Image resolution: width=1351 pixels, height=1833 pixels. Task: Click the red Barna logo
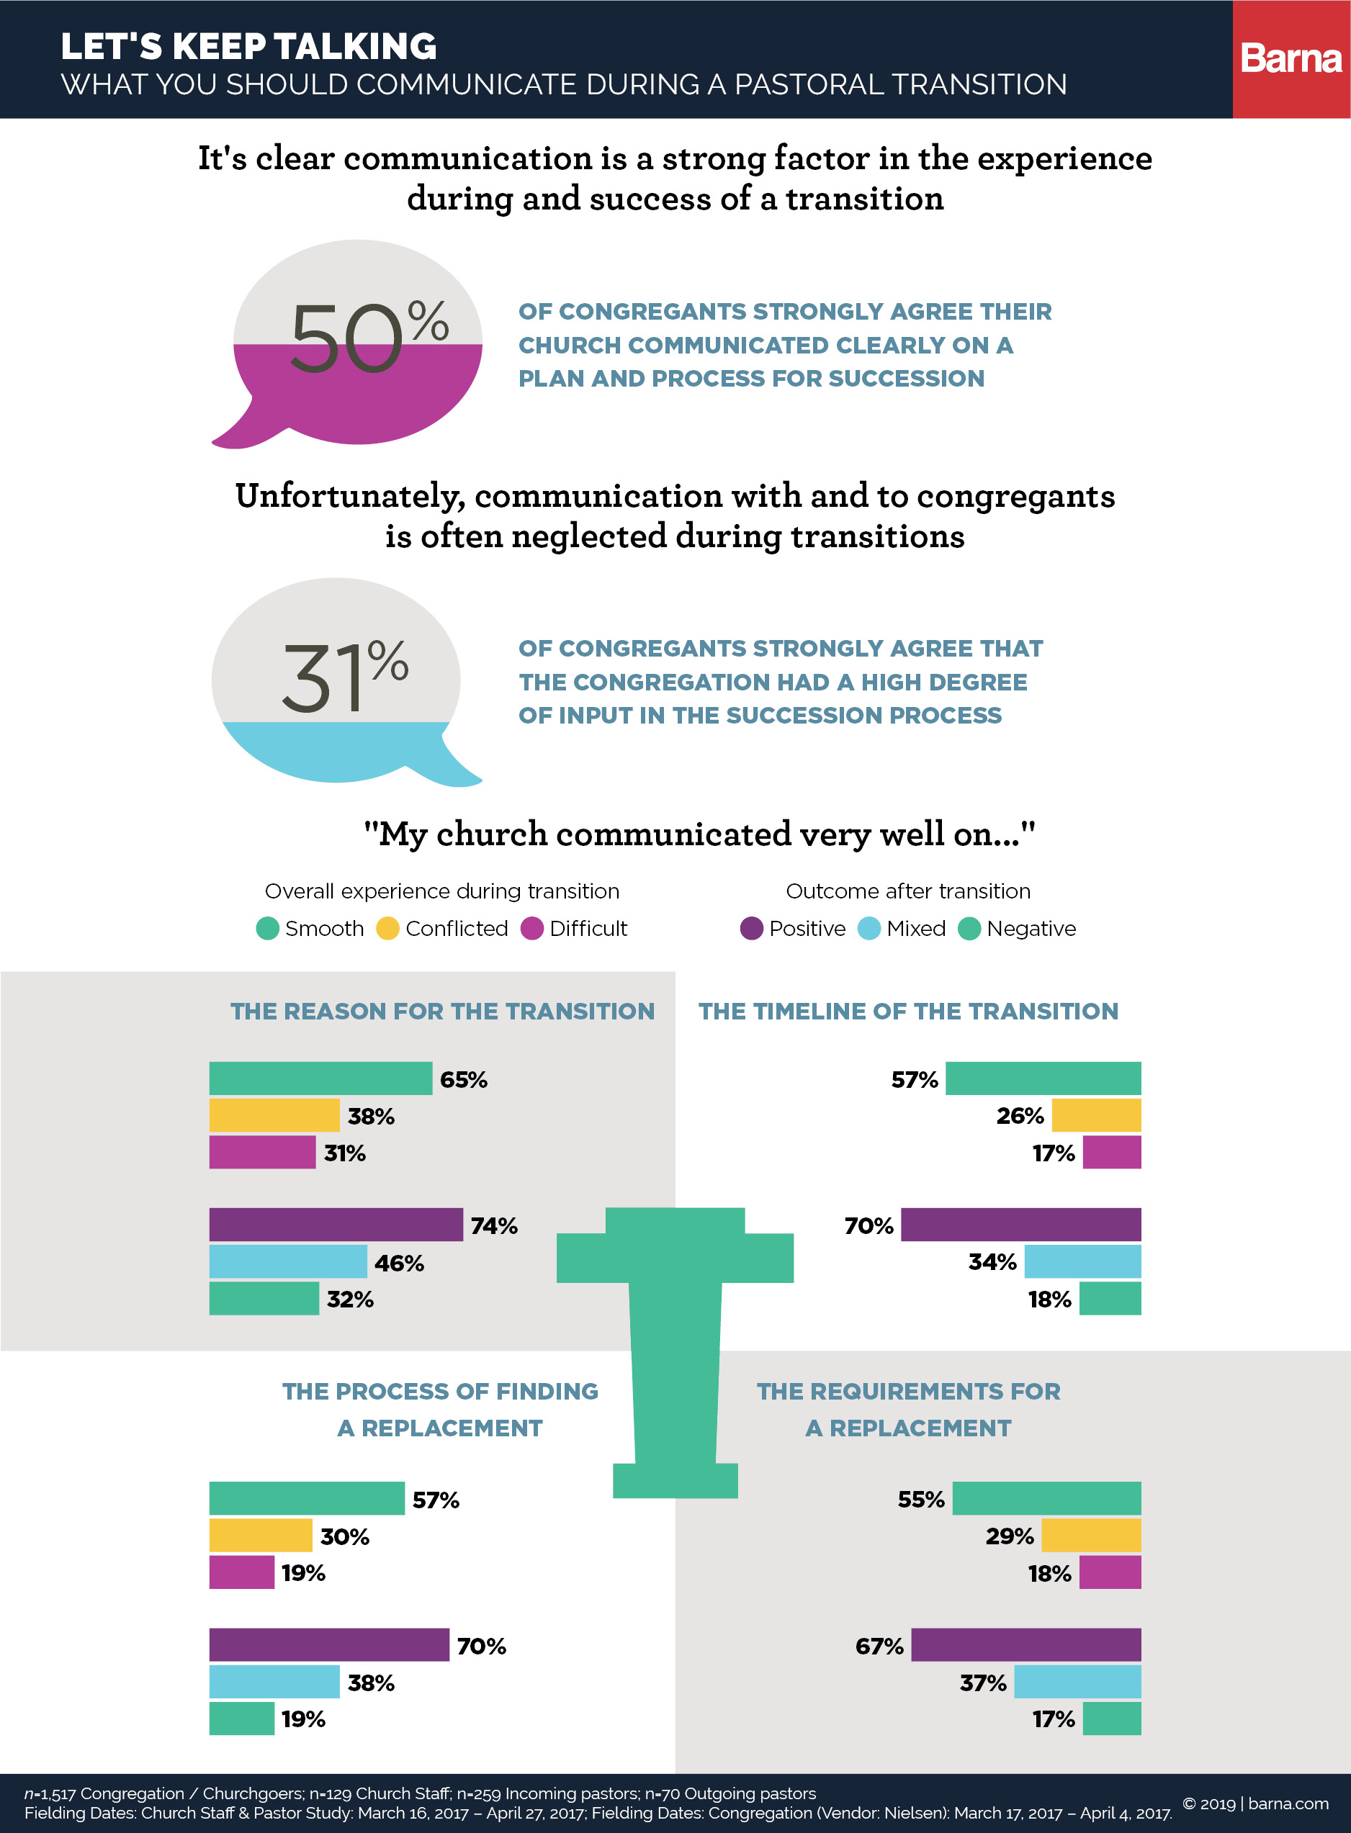[1291, 59]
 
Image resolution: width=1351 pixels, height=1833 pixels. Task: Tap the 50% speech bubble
[357, 343]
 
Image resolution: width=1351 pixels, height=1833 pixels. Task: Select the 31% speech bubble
[337, 680]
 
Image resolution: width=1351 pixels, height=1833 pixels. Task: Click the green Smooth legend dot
[267, 928]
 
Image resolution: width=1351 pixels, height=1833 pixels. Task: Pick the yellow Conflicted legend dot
[387, 928]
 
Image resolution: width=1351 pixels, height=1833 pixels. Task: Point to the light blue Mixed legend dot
[868, 928]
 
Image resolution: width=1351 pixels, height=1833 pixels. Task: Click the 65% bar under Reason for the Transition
[320, 1078]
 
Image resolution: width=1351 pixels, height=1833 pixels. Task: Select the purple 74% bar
[336, 1224]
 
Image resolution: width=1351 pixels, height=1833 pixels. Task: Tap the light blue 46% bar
[288, 1261]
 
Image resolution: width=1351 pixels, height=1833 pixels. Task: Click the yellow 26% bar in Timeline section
[1096, 1114]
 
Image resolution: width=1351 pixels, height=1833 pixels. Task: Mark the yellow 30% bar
[260, 1535]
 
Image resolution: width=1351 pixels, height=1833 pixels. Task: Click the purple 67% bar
[1025, 1644]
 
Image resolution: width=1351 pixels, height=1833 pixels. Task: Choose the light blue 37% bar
[1077, 1681]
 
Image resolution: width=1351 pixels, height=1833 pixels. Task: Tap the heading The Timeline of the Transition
[908, 1011]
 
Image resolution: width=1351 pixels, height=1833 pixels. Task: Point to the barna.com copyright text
[1255, 1803]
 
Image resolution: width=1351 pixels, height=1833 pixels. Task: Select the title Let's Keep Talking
[248, 47]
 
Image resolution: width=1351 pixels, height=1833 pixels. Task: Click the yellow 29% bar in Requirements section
[1091, 1535]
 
